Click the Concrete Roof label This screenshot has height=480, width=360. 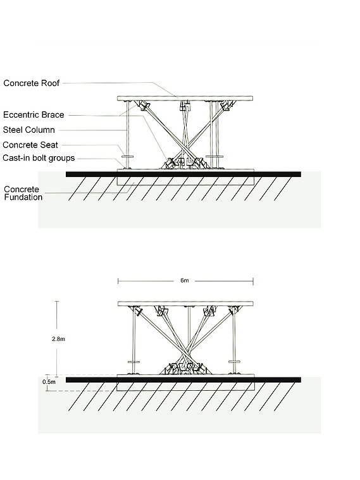(x=31, y=83)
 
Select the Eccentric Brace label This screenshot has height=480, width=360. (x=34, y=115)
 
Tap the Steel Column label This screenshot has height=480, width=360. (x=29, y=130)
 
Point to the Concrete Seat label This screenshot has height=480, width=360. (x=30, y=145)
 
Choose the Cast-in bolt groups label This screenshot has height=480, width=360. (x=39, y=158)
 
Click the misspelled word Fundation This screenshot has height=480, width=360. (x=23, y=197)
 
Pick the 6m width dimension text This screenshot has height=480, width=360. (x=185, y=280)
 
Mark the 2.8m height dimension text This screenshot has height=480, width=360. (x=58, y=339)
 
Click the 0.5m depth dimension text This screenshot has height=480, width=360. (x=49, y=382)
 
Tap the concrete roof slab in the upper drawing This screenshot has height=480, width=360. (x=185, y=98)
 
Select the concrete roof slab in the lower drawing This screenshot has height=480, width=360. (x=185, y=304)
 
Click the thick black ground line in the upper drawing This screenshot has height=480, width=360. (x=183, y=174)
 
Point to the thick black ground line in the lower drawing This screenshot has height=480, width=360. (x=183, y=380)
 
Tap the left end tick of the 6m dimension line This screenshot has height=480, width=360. (x=118, y=281)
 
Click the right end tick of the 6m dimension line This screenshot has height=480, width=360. (x=253, y=281)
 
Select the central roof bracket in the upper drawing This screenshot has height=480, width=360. (x=185, y=106)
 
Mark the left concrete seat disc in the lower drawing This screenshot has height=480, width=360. (x=133, y=362)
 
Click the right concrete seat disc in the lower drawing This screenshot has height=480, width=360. (x=235, y=362)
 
